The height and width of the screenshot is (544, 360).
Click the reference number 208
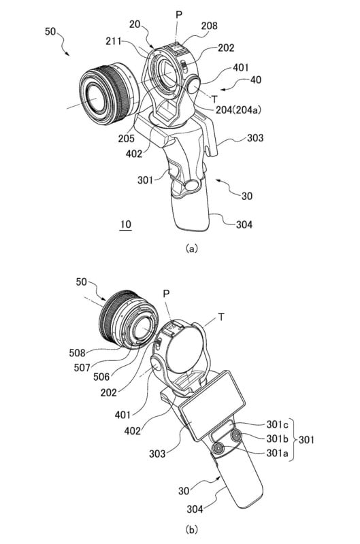(x=210, y=26)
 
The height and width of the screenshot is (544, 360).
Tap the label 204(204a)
(x=238, y=110)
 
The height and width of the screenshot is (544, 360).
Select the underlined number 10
(x=126, y=224)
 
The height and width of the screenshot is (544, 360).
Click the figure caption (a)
(x=192, y=248)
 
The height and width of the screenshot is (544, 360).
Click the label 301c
(x=277, y=424)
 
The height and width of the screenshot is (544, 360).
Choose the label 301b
(x=278, y=439)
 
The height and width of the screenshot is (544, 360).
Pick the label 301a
(x=278, y=453)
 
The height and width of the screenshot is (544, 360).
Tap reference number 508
(x=77, y=353)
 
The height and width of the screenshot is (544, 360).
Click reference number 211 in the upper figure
(x=114, y=41)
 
